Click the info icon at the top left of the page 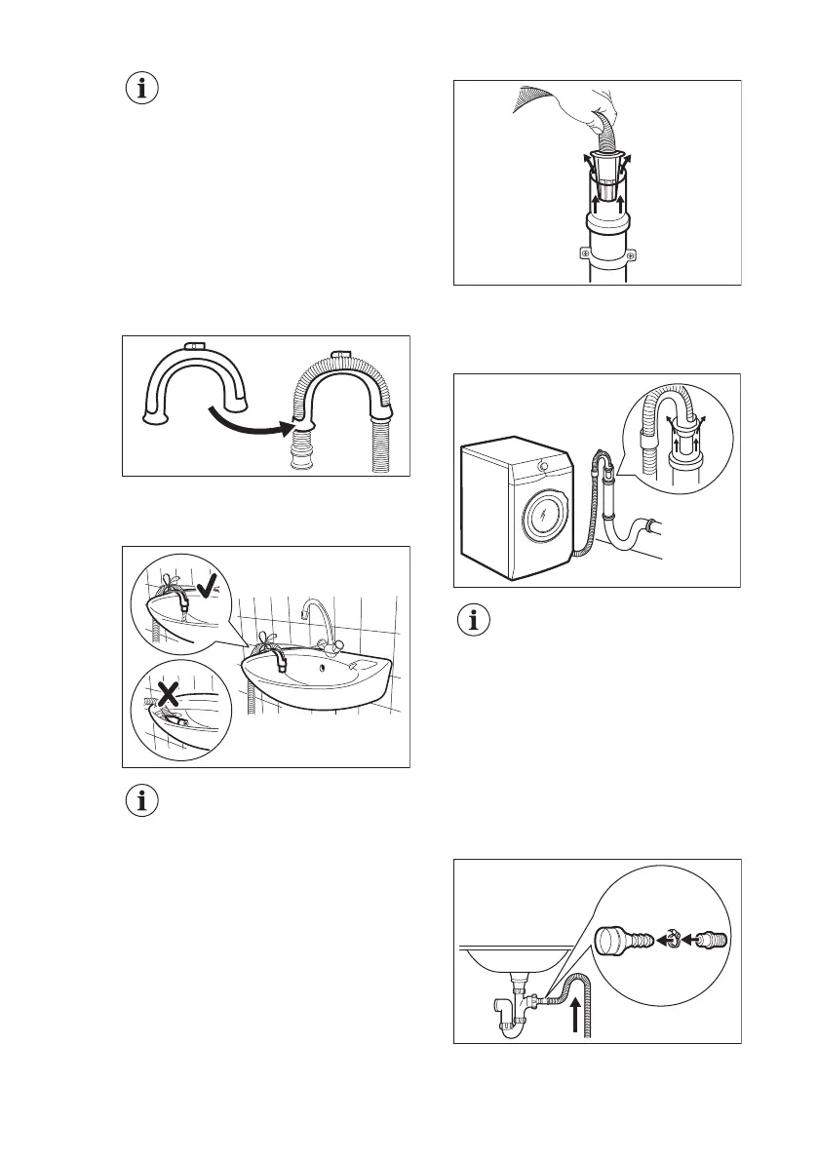[143, 89]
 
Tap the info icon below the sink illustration [143, 801]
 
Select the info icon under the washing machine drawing [475, 621]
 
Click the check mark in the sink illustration [208, 588]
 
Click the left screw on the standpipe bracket [583, 253]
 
